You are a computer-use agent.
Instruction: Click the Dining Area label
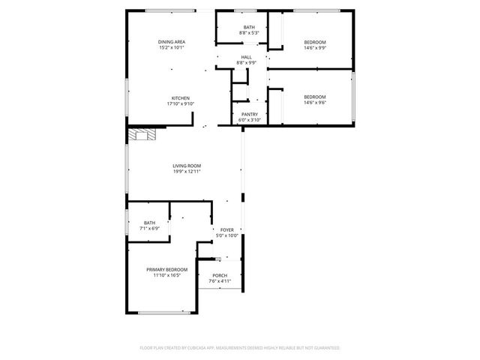(x=172, y=41)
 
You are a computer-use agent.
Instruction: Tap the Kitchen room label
(x=180, y=98)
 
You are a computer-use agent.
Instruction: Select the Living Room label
(x=187, y=166)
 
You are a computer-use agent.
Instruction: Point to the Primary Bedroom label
(x=166, y=269)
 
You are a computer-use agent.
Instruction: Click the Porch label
(x=220, y=275)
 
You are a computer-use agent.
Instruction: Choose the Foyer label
(x=226, y=229)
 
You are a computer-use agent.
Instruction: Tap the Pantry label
(x=250, y=114)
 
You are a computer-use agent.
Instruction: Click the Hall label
(x=246, y=57)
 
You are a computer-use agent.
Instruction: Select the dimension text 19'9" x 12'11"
(x=187, y=172)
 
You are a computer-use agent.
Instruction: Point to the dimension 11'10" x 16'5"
(x=166, y=275)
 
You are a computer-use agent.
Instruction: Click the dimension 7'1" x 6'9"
(x=150, y=228)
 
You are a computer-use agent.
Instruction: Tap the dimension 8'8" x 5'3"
(x=249, y=33)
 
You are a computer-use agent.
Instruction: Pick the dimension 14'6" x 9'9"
(x=314, y=47)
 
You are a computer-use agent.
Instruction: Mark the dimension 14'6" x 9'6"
(x=314, y=103)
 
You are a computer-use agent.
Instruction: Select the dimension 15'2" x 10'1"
(x=172, y=47)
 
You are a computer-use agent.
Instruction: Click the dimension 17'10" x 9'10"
(x=180, y=104)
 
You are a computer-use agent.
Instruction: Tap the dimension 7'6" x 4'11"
(x=220, y=281)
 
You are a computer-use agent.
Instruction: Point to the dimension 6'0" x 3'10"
(x=250, y=120)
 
